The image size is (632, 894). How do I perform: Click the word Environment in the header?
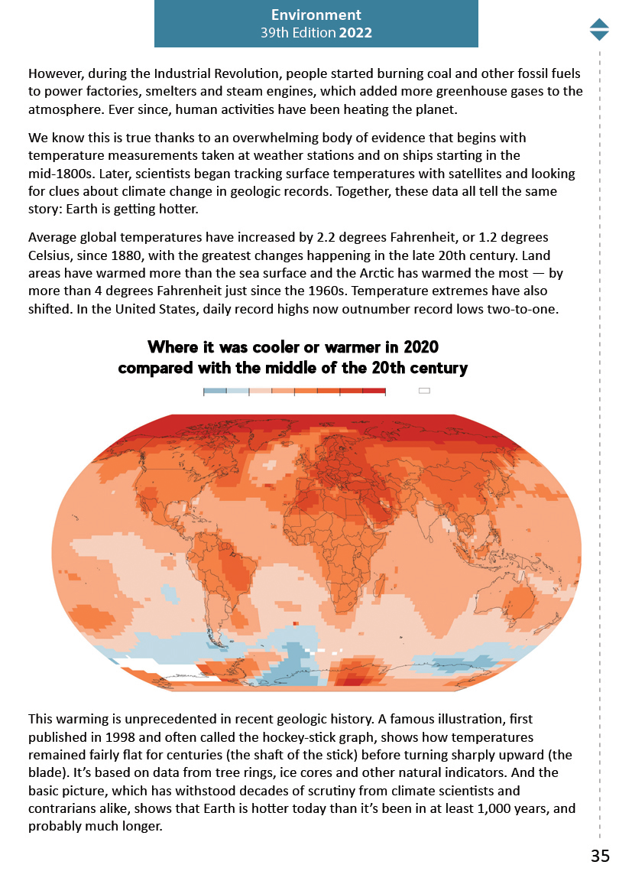click(316, 15)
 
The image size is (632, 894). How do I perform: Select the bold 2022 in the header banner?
click(357, 33)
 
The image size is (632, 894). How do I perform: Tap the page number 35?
click(600, 856)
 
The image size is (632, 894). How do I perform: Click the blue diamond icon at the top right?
click(599, 29)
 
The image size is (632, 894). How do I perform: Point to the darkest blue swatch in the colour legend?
click(215, 391)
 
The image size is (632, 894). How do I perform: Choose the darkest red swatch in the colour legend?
click(374, 391)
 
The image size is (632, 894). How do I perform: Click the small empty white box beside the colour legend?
click(424, 391)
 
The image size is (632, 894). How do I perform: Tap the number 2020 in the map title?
click(417, 348)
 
